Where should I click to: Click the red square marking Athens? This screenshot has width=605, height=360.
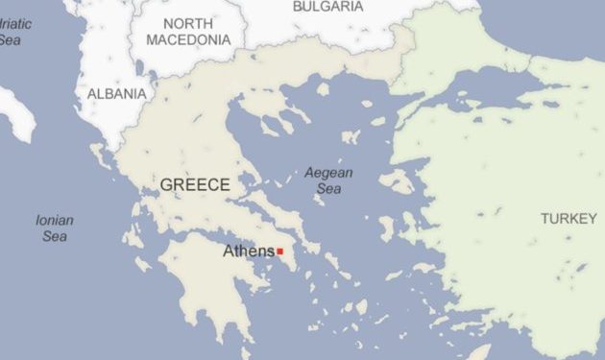point(279,252)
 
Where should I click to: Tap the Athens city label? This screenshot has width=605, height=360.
point(249,252)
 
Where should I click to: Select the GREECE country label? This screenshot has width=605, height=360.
point(195,185)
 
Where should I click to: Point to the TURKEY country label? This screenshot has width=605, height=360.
point(568,219)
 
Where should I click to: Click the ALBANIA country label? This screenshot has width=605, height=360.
point(117,94)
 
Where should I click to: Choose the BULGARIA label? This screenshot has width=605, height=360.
point(327,7)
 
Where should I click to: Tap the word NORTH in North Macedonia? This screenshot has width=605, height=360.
point(188,23)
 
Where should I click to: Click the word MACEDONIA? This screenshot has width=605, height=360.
point(188,40)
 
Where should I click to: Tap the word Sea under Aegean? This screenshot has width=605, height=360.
point(328,190)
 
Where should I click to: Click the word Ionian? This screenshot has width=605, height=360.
point(55,220)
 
